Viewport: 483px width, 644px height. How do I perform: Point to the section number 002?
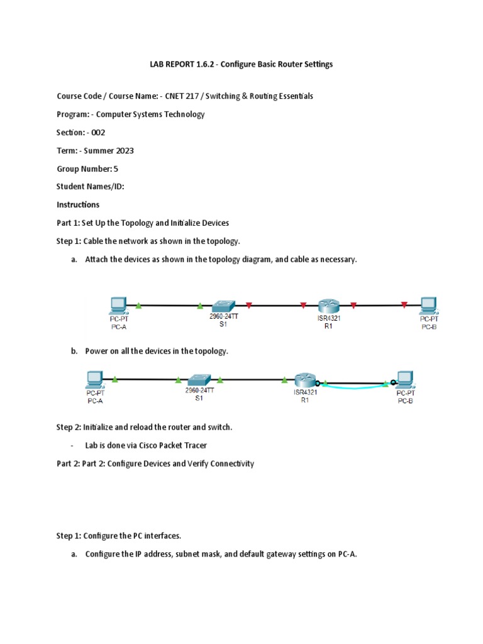[x=98, y=133]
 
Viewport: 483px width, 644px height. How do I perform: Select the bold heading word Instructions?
[x=78, y=205]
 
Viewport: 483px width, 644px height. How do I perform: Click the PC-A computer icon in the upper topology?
[x=118, y=305]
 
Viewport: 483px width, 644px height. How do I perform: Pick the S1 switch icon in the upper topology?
[x=223, y=305]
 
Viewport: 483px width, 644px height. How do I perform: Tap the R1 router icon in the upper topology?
[x=328, y=305]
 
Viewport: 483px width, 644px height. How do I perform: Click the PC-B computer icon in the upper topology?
[x=429, y=305]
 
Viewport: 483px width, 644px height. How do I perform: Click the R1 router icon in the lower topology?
[x=304, y=380]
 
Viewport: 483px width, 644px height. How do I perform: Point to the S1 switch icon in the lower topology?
[x=199, y=380]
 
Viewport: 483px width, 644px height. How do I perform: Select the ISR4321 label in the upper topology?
[x=328, y=318]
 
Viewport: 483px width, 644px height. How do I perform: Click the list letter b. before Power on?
[x=74, y=351]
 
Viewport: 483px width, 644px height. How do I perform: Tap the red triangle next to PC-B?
[x=404, y=306]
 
